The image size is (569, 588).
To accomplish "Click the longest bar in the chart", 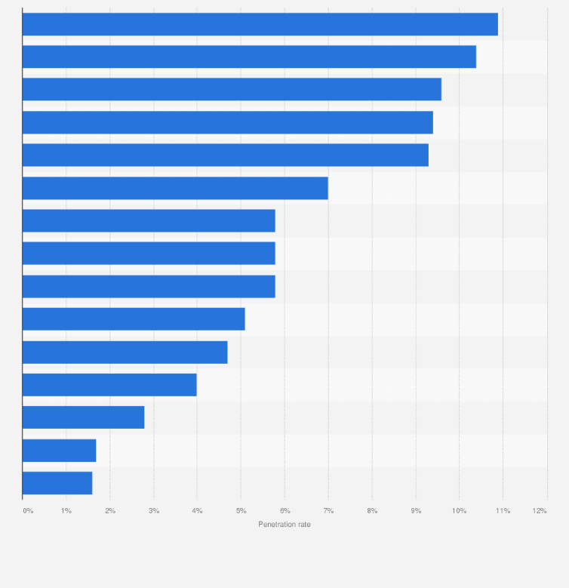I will coord(260,24).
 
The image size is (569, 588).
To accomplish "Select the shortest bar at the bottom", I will coord(57,483).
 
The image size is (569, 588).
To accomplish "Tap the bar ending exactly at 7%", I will coord(175,188).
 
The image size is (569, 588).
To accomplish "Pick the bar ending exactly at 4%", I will coord(109,385).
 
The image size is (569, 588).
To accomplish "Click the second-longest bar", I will coord(249,57).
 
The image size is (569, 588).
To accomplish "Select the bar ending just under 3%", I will coord(83,417).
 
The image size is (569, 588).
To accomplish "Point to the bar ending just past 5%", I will coord(134,319).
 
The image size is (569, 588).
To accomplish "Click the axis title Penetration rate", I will coord(284,525).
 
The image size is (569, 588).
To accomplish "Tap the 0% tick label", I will coord(28,512).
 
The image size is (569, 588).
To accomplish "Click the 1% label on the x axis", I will coord(66,512).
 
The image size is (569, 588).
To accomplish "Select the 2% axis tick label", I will coord(110,512).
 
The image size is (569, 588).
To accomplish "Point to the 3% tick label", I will coord(154,512).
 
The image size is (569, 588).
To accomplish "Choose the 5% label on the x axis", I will coord(241,512).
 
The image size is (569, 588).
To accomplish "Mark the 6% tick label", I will coord(284,512).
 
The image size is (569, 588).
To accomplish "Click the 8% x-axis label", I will coord(372,512).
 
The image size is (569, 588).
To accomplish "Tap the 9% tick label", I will coord(416,512).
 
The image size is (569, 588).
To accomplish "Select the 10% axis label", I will coord(459,512).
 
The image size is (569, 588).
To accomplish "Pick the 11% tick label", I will coord(503,512).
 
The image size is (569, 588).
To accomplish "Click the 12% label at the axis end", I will coord(540,512).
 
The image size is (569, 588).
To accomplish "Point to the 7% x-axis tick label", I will coord(328,512).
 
